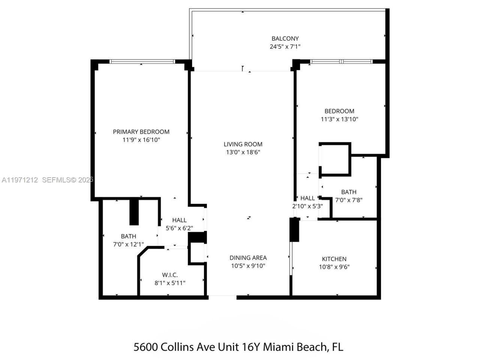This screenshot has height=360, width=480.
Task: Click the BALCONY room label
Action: [285, 38]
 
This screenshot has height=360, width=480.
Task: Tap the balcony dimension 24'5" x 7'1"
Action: [285, 46]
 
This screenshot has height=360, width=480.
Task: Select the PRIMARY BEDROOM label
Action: [141, 132]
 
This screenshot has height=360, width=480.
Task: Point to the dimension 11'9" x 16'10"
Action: [141, 140]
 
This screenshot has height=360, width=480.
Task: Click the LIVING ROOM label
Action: [243, 144]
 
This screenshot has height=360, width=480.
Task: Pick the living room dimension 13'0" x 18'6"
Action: [243, 152]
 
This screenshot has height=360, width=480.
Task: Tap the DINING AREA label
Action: [248, 258]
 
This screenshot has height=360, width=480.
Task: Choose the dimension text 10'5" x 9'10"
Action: [248, 266]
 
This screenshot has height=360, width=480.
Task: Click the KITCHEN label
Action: [334, 259]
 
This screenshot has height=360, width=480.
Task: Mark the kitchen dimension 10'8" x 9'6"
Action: [334, 267]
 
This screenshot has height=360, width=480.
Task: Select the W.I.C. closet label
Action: [170, 275]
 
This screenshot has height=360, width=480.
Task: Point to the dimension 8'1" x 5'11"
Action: [170, 283]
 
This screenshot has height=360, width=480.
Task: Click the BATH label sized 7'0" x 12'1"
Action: [128, 236]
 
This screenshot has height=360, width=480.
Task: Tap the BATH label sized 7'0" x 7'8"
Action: [348, 192]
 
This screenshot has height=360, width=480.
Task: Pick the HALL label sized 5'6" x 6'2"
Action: [179, 220]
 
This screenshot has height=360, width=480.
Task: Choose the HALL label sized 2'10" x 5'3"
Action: [307, 198]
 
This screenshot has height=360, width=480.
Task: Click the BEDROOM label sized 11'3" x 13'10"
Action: [339, 111]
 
